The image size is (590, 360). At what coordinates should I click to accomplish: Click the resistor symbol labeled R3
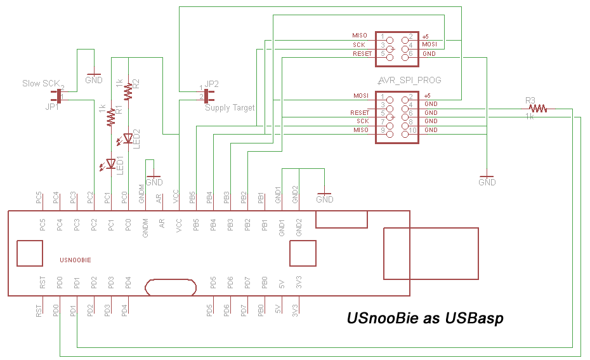(x=539, y=109)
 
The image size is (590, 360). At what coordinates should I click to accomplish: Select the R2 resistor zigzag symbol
(x=128, y=91)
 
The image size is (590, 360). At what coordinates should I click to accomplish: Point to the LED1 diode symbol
(x=110, y=164)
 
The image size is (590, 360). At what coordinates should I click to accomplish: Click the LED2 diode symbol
(x=128, y=138)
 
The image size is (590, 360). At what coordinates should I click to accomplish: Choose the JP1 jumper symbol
(x=59, y=96)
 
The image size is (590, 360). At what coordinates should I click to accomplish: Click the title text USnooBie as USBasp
(x=425, y=318)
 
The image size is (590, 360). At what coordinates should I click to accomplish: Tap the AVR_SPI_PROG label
(x=409, y=81)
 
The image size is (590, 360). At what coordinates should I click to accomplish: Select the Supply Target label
(x=230, y=108)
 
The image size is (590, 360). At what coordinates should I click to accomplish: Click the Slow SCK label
(x=41, y=83)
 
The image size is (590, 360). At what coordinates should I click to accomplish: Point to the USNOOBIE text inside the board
(x=75, y=260)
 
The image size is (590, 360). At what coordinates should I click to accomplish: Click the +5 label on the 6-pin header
(x=426, y=37)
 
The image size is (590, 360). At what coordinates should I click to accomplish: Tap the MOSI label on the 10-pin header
(x=361, y=95)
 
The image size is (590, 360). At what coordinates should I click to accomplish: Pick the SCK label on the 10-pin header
(x=362, y=121)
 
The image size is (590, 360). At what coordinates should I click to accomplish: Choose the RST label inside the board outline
(x=42, y=283)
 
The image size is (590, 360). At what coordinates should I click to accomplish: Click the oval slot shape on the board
(x=171, y=288)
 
